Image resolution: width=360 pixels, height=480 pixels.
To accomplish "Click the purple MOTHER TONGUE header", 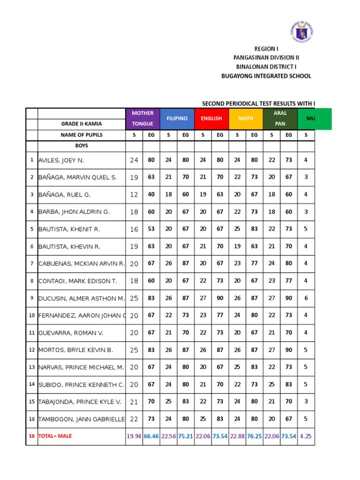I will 142,119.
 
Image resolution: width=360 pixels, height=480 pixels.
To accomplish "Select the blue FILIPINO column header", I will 177,119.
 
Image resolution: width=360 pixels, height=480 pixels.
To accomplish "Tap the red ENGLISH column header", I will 211,119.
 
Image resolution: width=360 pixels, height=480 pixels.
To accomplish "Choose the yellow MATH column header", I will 246,119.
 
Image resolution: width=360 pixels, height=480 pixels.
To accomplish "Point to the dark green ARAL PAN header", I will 280,119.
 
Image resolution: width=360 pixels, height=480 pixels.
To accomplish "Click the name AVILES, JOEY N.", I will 61,160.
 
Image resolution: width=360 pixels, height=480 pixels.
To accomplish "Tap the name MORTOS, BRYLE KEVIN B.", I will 75,350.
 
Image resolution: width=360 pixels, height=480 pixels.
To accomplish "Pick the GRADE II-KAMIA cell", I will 81,124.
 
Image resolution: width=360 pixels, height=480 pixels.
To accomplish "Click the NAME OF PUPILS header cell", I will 81,135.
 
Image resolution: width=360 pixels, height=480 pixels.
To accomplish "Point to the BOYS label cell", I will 81,146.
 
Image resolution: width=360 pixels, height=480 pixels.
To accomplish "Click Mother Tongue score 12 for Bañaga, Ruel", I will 134,195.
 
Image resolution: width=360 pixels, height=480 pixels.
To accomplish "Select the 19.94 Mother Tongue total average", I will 134,436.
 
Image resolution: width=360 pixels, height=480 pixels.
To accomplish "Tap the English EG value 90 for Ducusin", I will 220,299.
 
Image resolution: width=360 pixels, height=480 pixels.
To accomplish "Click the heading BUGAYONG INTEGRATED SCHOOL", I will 266,76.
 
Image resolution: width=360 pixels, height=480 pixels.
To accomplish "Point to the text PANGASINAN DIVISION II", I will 266,58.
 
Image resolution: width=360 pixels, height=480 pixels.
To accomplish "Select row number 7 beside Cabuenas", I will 32,264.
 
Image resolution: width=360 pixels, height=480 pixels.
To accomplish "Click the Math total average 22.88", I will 237,436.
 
